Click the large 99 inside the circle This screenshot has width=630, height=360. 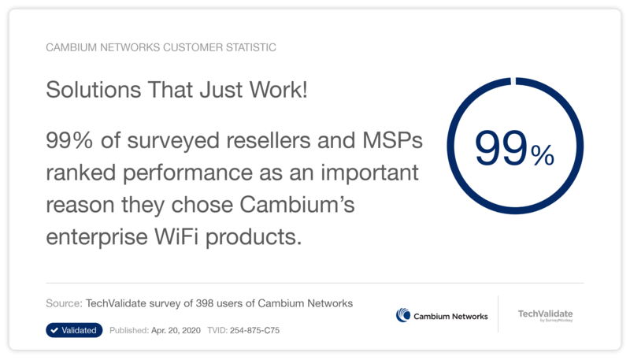point(501,148)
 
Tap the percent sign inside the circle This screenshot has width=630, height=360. point(543,155)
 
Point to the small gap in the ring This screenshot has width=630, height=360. point(513,81)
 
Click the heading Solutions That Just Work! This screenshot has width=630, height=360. point(176,89)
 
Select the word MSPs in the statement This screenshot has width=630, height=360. point(392,140)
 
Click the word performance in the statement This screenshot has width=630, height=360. point(188,173)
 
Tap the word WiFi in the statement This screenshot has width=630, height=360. point(176,236)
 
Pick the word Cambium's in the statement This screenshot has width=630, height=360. point(297,205)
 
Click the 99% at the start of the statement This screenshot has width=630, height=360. point(69,140)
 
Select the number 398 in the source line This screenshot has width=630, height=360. point(205,303)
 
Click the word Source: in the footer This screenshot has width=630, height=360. point(65,303)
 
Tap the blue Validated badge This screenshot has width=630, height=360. point(74,330)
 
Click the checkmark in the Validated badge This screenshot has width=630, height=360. point(54,330)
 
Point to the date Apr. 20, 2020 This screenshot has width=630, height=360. point(176,330)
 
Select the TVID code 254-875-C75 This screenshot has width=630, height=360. point(254,330)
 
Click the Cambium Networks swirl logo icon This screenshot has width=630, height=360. point(403,315)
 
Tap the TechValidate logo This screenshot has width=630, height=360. point(545,315)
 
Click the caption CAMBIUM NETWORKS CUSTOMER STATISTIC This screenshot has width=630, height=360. point(161,47)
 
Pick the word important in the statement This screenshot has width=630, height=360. point(369,173)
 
